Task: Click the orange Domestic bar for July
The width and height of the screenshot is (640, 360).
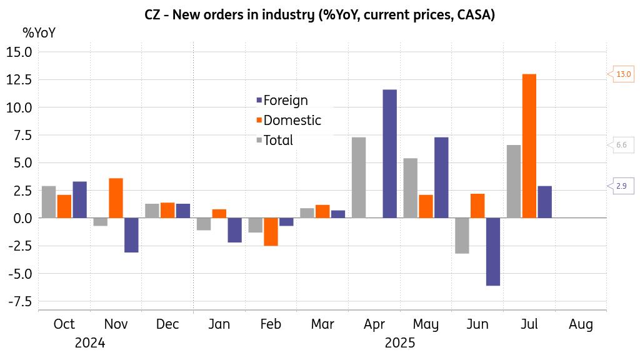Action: pyautogui.click(x=529, y=146)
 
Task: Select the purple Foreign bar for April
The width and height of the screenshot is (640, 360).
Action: pyautogui.click(x=389, y=154)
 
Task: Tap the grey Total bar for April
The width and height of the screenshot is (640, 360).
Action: pyautogui.click(x=359, y=177)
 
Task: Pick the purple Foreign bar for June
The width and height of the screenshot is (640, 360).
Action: pyautogui.click(x=493, y=252)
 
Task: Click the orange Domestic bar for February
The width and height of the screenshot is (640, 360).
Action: pyautogui.click(x=271, y=232)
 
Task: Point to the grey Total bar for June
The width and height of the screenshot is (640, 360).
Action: pyautogui.click(x=462, y=236)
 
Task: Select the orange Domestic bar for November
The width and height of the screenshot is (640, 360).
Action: pyautogui.click(x=116, y=198)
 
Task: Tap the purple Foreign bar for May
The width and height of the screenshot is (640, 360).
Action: pyautogui.click(x=441, y=177)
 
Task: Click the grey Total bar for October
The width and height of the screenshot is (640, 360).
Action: pyautogui.click(x=49, y=202)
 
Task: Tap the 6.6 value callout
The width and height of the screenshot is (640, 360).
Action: pyautogui.click(x=621, y=146)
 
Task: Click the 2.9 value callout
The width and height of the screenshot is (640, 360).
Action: pyautogui.click(x=621, y=186)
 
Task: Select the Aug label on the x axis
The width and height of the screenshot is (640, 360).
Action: pyautogui.click(x=581, y=324)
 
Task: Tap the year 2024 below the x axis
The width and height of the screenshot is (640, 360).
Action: pyautogui.click(x=89, y=343)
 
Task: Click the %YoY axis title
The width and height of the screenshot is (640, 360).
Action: pyautogui.click(x=39, y=33)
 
